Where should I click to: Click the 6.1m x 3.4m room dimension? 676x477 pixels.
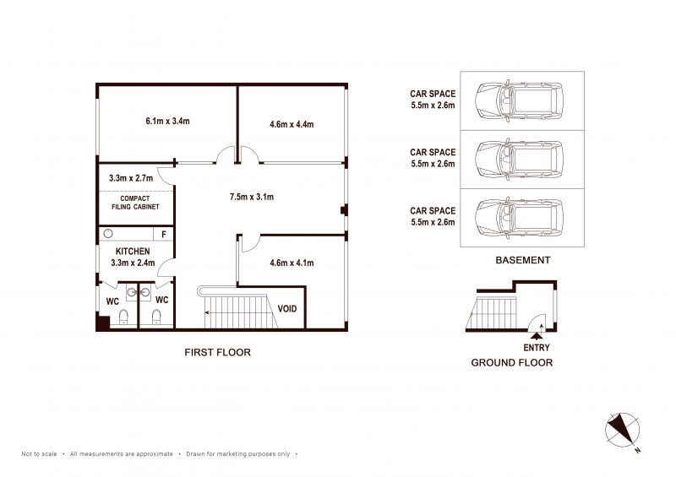click(167, 121)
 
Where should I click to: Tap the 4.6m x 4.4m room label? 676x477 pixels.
click(292, 125)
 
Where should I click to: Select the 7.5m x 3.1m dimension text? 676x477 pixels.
click(251, 197)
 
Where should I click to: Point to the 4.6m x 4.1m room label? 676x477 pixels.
click(292, 263)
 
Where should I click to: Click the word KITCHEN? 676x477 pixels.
click(133, 252)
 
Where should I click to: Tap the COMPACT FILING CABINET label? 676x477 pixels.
click(135, 203)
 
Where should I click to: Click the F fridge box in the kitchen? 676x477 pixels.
click(163, 234)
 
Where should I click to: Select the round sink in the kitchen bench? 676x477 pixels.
click(108, 234)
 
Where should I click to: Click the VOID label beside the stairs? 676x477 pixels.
click(286, 308)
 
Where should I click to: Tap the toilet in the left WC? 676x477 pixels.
click(123, 317)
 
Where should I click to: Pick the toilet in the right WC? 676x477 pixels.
click(156, 317)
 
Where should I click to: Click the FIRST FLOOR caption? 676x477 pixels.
click(217, 352)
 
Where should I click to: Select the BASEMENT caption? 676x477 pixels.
click(522, 260)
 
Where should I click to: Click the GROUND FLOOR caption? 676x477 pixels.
click(512, 363)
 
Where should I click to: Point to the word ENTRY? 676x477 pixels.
click(537, 348)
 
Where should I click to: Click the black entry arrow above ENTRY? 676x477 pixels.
click(537, 337)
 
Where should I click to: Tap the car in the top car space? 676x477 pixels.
click(519, 100)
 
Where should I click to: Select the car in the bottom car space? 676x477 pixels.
click(519, 218)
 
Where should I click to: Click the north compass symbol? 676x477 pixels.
click(623, 430)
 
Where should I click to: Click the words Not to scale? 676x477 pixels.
click(39, 453)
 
